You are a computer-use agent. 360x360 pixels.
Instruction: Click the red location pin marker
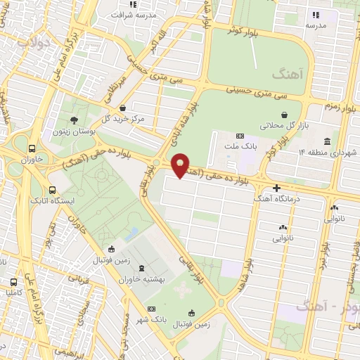[181, 165]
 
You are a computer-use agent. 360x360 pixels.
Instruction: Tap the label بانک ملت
[240, 146]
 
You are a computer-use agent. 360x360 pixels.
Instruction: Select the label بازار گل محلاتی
[283, 125]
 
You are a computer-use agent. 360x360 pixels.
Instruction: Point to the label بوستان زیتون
[74, 131]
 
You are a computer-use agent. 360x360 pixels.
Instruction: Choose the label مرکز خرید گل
[123, 119]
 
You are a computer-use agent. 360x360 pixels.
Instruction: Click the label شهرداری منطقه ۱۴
[328, 152]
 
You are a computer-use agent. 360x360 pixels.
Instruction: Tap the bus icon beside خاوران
[32, 149]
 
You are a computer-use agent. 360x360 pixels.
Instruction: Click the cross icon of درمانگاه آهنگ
[277, 188]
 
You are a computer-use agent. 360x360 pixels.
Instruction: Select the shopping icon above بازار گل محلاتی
[283, 115]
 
